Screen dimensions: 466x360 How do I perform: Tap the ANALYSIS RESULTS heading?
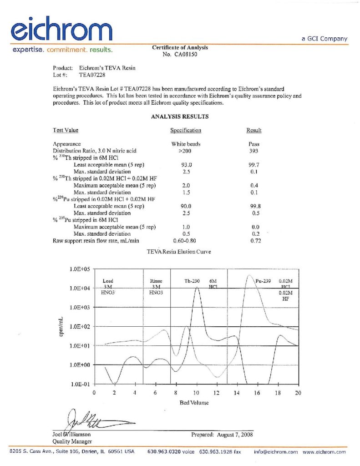tap(180, 116)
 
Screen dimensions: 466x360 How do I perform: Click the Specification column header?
tap(186, 131)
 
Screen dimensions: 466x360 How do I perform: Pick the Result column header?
tap(254, 131)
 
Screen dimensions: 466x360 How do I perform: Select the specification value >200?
tap(186, 151)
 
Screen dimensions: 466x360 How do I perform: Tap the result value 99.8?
tap(255, 206)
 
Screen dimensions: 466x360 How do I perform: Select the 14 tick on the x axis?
tap(237, 392)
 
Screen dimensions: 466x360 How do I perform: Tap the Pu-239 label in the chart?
tap(264, 281)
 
